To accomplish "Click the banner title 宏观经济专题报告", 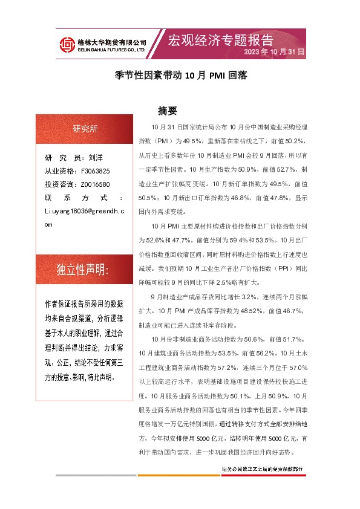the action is click(220, 40).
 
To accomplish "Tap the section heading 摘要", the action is click(167, 111).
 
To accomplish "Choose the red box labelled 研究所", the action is click(85, 128).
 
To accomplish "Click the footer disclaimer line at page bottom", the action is click(261, 468).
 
